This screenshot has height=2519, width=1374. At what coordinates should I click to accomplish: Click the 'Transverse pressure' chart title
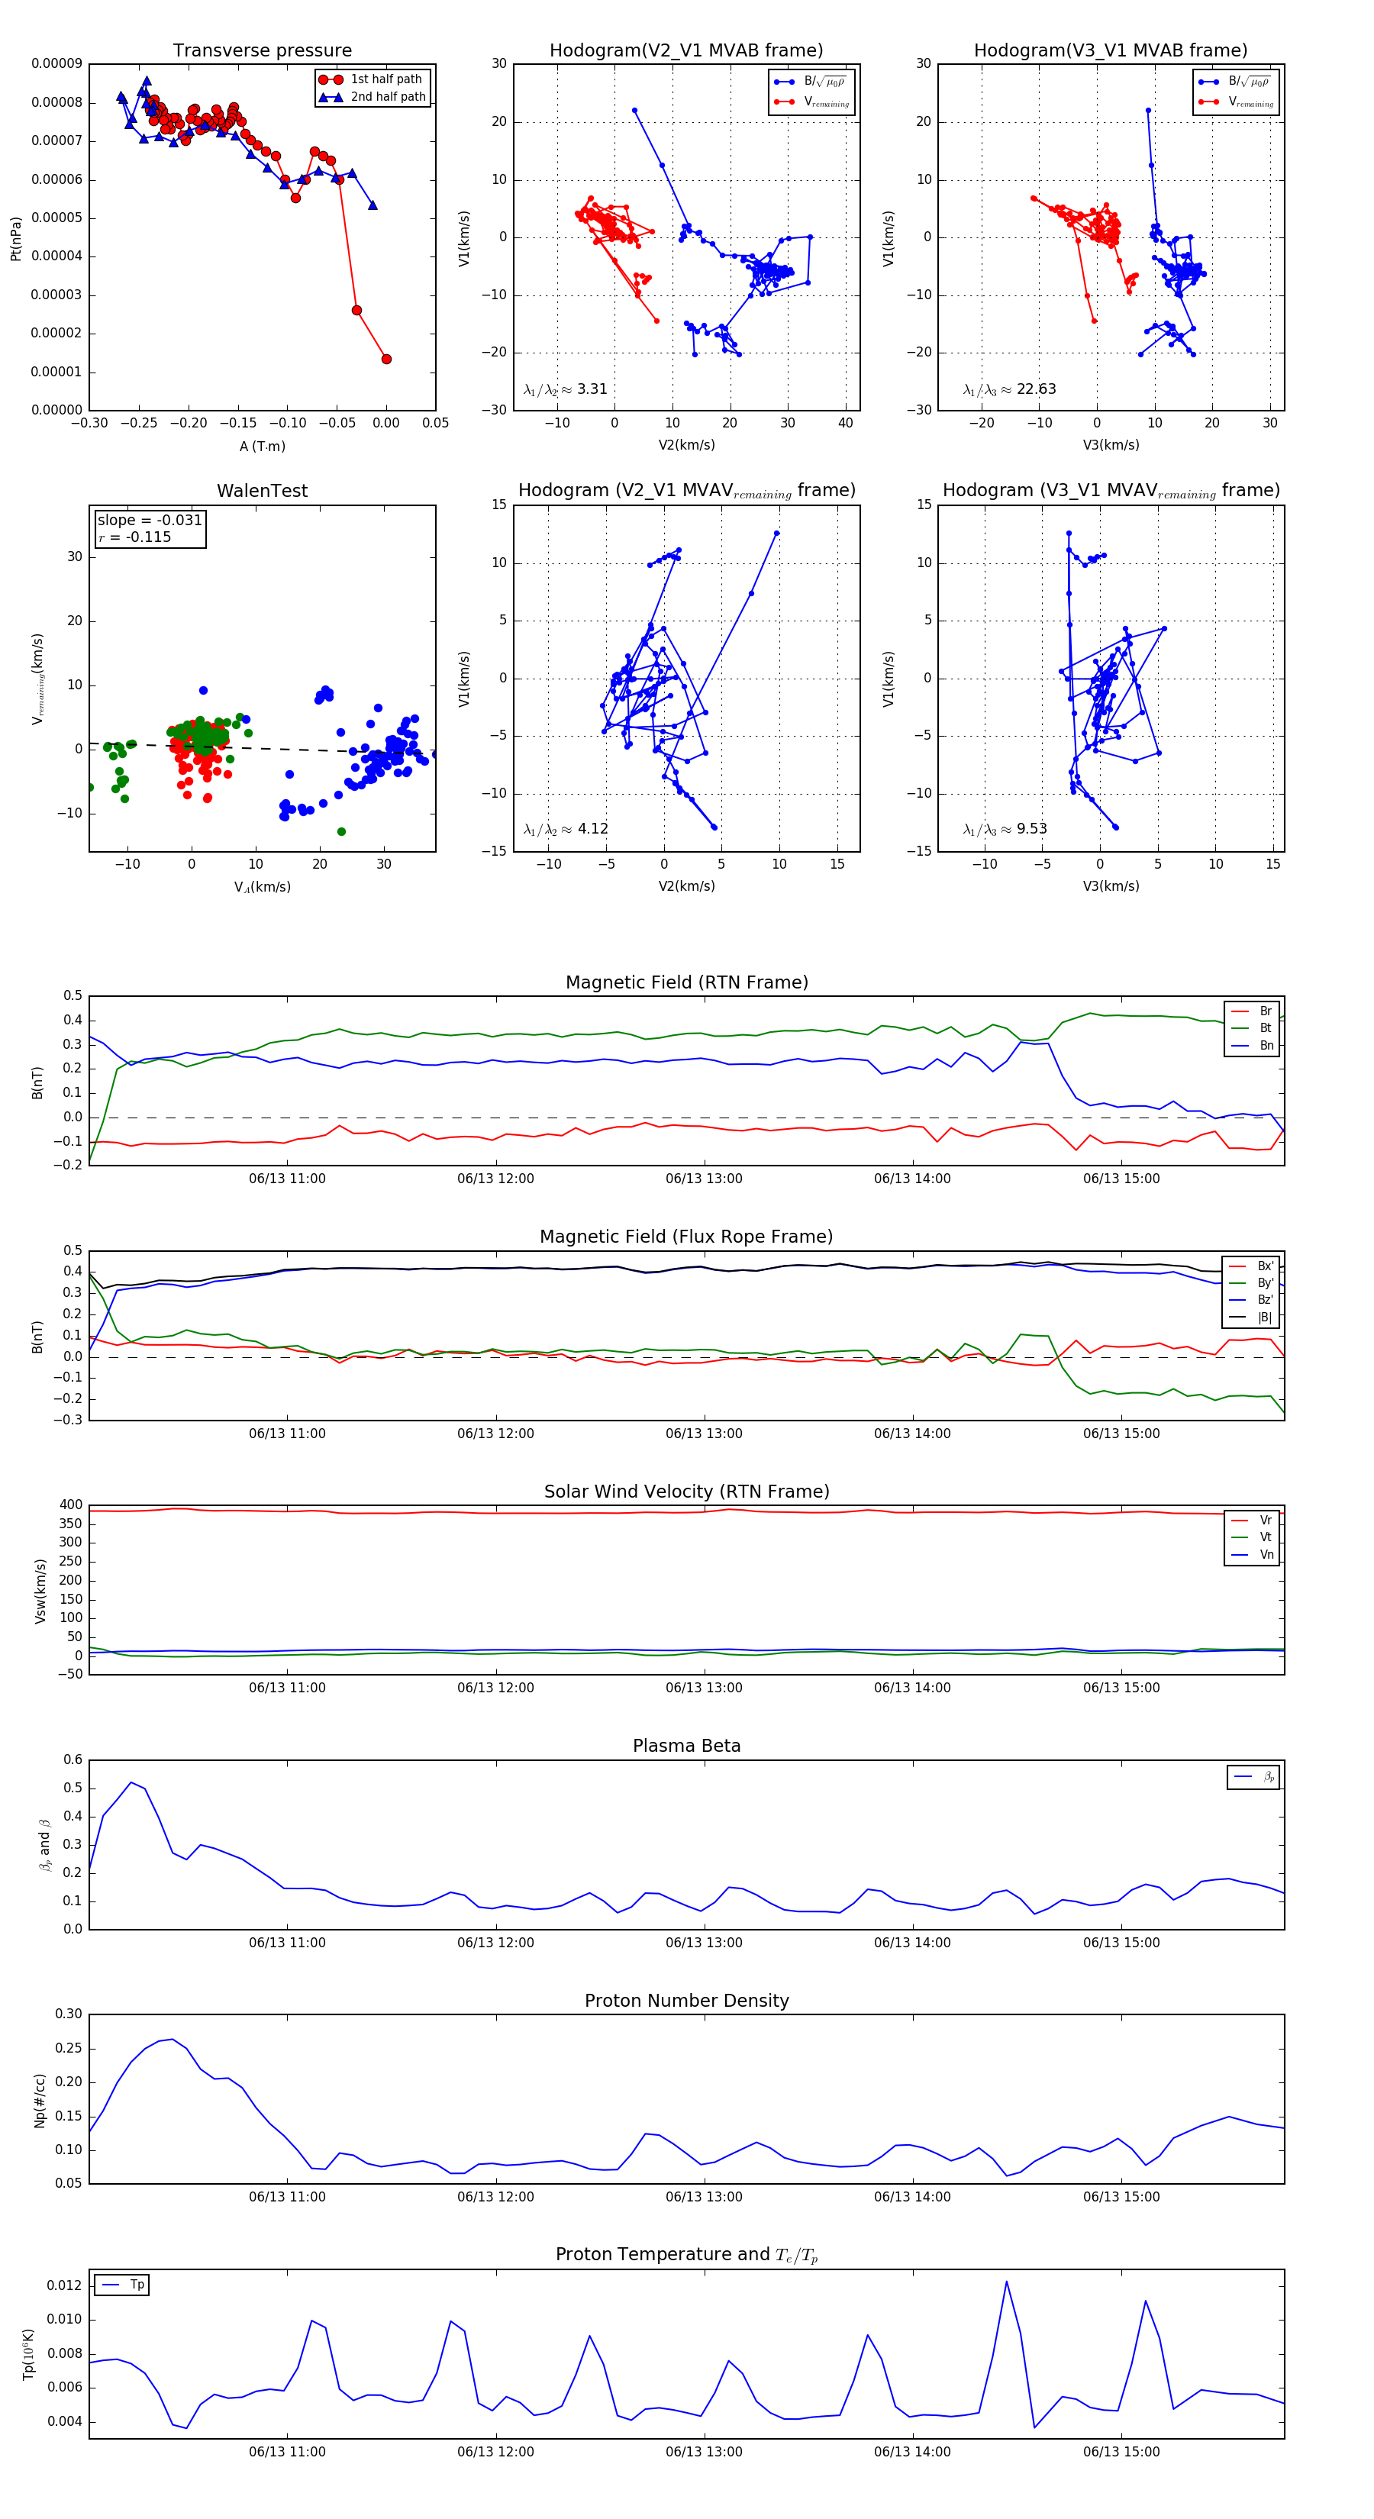262,51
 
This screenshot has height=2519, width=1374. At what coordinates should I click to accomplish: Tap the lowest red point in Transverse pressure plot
386,359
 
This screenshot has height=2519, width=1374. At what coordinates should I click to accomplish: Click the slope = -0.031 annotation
150,521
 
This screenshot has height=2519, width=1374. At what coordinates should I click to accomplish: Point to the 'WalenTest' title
262,491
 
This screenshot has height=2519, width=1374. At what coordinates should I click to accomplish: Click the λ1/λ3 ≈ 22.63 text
1009,389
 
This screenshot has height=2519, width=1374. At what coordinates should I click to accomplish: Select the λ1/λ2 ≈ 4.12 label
565,829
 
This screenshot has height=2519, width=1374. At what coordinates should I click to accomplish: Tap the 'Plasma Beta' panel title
686,1746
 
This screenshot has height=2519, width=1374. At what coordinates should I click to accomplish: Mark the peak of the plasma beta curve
131,1782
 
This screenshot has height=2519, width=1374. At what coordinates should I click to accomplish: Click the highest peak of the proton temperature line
1006,2282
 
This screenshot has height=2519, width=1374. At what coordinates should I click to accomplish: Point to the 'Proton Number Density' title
686,2001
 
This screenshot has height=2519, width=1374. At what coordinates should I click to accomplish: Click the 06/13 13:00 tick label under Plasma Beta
704,1943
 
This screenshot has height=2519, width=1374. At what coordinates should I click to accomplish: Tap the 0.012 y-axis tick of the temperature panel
65,2285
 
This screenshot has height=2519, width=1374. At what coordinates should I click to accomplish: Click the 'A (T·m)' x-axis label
262,446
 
